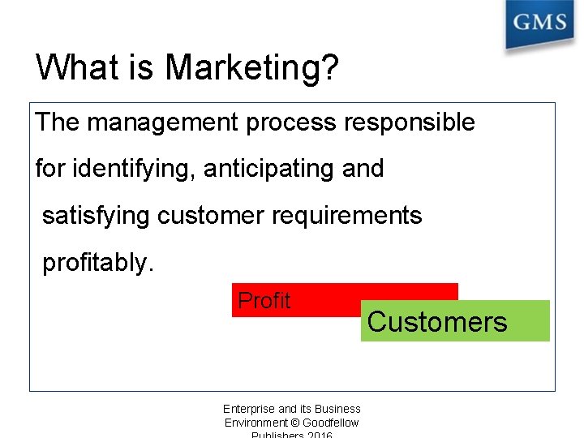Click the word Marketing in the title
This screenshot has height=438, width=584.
pos(241,68)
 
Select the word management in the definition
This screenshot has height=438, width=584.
pos(162,123)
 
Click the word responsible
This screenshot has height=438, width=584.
pos(410,123)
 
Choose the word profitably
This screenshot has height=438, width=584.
pos(97,263)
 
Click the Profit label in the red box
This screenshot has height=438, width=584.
pos(264,301)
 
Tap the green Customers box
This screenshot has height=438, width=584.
pos(454,322)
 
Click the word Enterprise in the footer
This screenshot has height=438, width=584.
pos(249,409)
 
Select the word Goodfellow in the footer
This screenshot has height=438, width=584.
pos(330,423)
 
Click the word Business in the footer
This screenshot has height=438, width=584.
pos(337,409)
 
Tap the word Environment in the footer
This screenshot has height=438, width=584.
pos(255,423)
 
